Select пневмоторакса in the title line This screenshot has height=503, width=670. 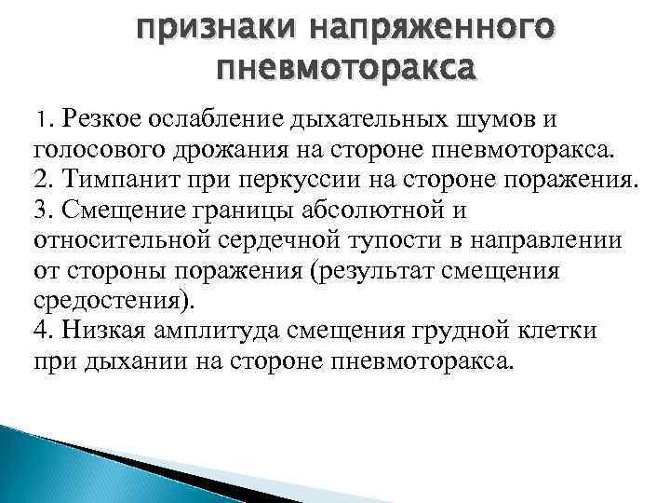click(343, 69)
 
